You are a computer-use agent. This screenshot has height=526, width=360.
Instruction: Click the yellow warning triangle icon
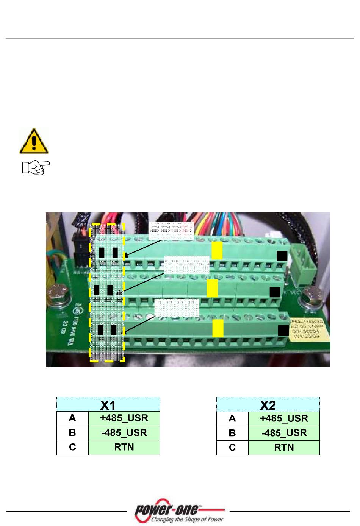(34, 141)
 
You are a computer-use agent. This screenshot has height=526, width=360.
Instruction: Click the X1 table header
(108, 404)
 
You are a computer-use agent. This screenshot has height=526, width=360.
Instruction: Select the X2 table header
(268, 404)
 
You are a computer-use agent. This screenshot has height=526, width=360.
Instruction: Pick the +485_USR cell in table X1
(124, 418)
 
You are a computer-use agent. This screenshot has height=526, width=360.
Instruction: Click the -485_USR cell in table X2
(284, 433)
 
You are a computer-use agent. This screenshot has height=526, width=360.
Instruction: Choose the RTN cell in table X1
(124, 447)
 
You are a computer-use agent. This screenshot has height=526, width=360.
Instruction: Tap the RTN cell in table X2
(284, 447)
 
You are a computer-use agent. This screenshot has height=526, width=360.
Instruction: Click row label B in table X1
(72, 433)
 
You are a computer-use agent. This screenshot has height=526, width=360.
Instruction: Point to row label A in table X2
(232, 418)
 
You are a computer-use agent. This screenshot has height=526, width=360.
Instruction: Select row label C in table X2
(232, 447)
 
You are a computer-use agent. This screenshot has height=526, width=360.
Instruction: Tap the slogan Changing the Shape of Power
(187, 519)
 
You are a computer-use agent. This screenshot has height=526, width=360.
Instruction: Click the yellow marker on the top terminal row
(217, 251)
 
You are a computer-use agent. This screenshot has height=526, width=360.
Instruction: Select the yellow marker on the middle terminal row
(212, 289)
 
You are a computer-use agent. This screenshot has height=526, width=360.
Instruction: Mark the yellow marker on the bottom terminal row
(218, 328)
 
